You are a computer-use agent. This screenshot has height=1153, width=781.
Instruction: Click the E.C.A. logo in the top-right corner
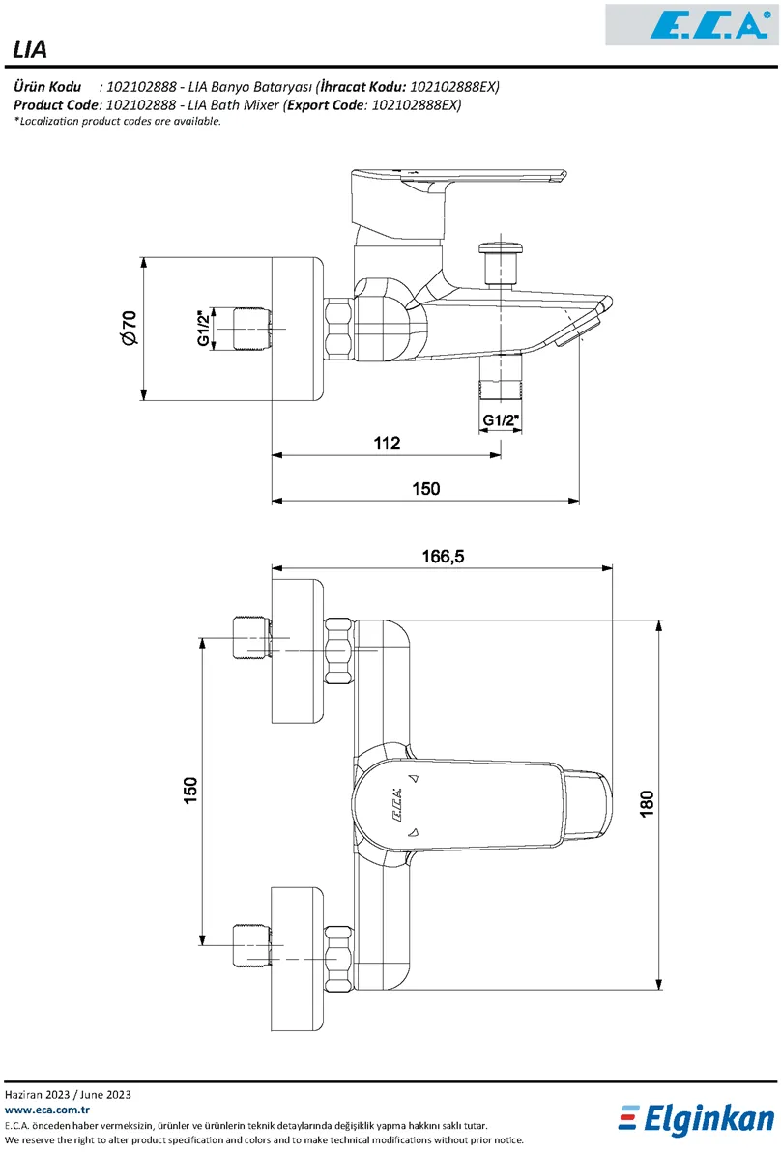tap(690, 24)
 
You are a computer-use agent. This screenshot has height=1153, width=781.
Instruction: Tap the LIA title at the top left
tap(31, 49)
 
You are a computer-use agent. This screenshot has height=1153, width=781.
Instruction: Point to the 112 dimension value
tap(387, 443)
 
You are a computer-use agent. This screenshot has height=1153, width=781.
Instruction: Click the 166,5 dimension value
tap(444, 556)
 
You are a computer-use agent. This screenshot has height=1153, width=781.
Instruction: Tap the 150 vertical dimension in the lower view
tap(190, 789)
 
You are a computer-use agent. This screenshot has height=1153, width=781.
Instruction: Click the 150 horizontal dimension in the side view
tap(425, 489)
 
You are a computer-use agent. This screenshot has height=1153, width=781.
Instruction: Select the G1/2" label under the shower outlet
tap(501, 420)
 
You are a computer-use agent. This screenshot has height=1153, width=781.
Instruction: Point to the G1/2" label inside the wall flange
tap(205, 329)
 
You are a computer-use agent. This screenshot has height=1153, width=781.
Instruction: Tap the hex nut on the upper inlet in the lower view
tap(339, 649)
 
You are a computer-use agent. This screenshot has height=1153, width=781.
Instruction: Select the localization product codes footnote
tap(118, 121)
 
